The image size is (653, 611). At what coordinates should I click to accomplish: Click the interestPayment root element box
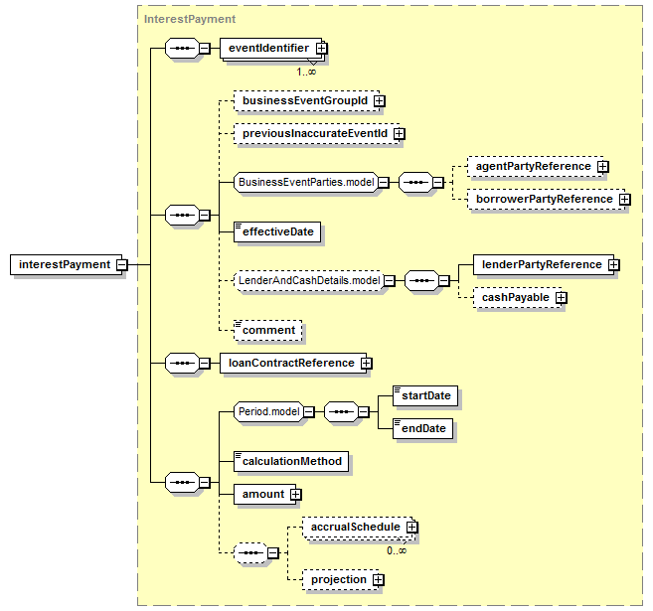[67, 264]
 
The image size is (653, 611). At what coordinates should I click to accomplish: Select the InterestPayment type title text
[190, 19]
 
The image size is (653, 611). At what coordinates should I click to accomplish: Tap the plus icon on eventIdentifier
[321, 49]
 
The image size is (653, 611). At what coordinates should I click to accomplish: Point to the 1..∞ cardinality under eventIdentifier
[306, 72]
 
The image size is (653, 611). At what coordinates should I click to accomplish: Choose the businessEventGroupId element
[306, 100]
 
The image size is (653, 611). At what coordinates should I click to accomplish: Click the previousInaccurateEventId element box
[316, 133]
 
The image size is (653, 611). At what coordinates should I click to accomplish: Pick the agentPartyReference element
[535, 167]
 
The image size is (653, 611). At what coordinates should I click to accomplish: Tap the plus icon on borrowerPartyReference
[624, 200]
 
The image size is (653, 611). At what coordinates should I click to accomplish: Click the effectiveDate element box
[277, 231]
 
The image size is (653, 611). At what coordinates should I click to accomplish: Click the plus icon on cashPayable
[562, 298]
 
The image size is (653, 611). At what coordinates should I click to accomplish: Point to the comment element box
[268, 331]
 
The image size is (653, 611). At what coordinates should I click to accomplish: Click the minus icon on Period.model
[309, 412]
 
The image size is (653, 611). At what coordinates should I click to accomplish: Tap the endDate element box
[423, 429]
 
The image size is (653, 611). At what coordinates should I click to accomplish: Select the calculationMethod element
[291, 462]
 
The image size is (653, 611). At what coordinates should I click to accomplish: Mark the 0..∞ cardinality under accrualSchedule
[397, 551]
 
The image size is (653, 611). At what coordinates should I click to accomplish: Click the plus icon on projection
[378, 580]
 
